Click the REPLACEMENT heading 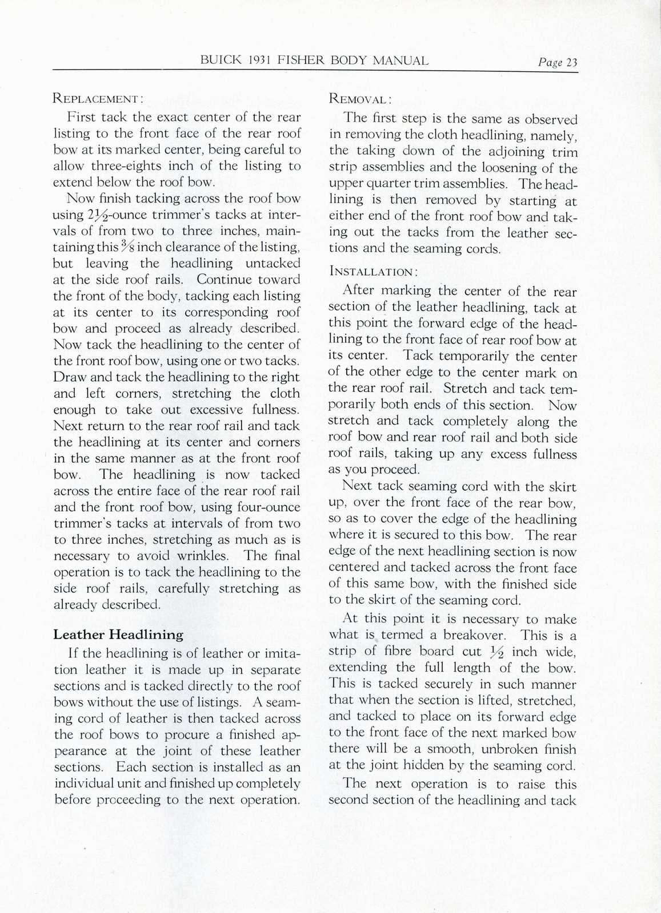click(x=98, y=99)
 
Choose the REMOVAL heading click(x=360, y=99)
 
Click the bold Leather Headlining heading click(x=118, y=634)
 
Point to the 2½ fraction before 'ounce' click(x=81, y=215)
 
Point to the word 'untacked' click(x=273, y=263)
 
